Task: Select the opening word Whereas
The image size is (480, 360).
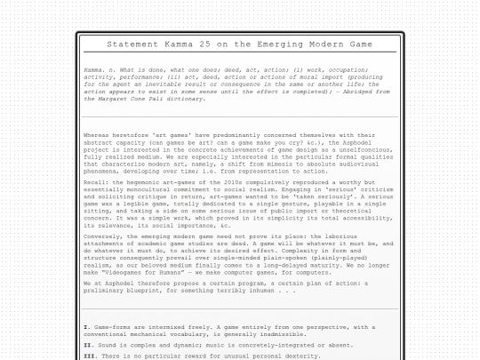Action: click(98, 135)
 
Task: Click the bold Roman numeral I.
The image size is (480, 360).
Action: click(86, 326)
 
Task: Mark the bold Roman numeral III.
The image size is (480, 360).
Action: click(89, 356)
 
